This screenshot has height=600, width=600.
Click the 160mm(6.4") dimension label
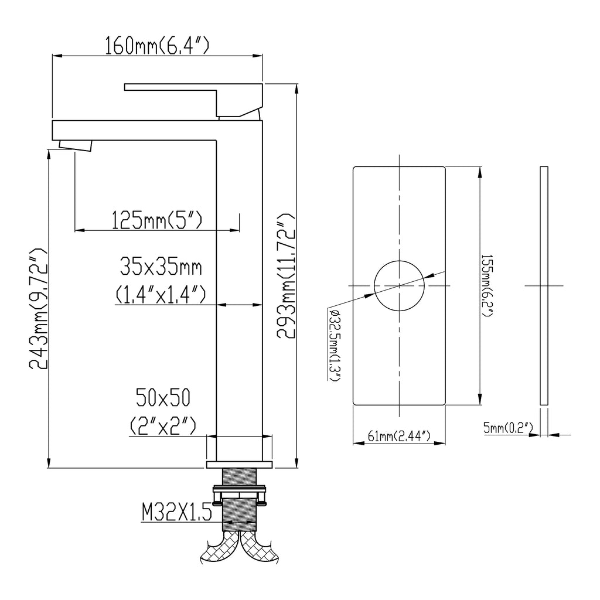click(157, 46)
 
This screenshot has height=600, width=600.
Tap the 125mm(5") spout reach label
click(157, 220)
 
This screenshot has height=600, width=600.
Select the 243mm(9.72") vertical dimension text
click(39, 309)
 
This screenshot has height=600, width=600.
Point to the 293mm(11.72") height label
click(286, 277)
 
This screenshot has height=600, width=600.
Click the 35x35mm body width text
click(161, 267)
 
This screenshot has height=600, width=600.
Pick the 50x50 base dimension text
click(163, 397)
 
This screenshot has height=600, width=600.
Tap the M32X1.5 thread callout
click(177, 512)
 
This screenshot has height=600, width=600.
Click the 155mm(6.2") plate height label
click(487, 285)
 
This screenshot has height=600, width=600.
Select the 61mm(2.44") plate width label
click(399, 436)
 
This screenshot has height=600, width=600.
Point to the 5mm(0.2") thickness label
click(508, 428)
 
